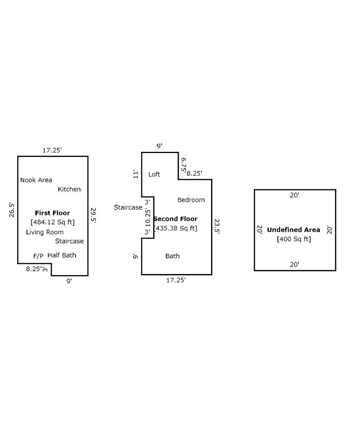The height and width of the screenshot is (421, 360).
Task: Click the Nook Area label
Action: point(36,180)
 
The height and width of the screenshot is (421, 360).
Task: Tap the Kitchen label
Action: point(69,189)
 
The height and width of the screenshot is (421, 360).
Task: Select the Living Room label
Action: point(45,232)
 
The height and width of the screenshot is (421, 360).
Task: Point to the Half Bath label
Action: point(62,255)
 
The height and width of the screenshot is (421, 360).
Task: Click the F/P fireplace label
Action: point(38,256)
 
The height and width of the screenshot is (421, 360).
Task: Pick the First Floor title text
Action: point(52,213)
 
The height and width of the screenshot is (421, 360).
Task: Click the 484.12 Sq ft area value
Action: point(53,222)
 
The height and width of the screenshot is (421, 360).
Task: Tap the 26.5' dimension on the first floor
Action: point(12,210)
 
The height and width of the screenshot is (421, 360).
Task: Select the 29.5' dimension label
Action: point(93,215)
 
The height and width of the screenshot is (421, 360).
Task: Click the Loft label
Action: point(154,174)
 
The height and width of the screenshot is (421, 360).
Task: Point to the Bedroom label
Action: point(191,200)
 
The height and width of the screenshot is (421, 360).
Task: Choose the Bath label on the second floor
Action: point(172,256)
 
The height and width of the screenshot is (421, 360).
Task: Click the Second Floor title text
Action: point(176,219)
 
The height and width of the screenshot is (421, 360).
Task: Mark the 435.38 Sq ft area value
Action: point(175,228)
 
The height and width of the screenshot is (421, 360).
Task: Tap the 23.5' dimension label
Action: point(217,226)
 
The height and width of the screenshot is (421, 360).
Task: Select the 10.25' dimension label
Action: point(148,217)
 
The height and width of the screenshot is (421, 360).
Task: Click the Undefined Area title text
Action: point(293,230)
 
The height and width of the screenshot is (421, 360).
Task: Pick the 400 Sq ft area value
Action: point(294,239)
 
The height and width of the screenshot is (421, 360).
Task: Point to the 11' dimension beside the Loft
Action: point(136,174)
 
